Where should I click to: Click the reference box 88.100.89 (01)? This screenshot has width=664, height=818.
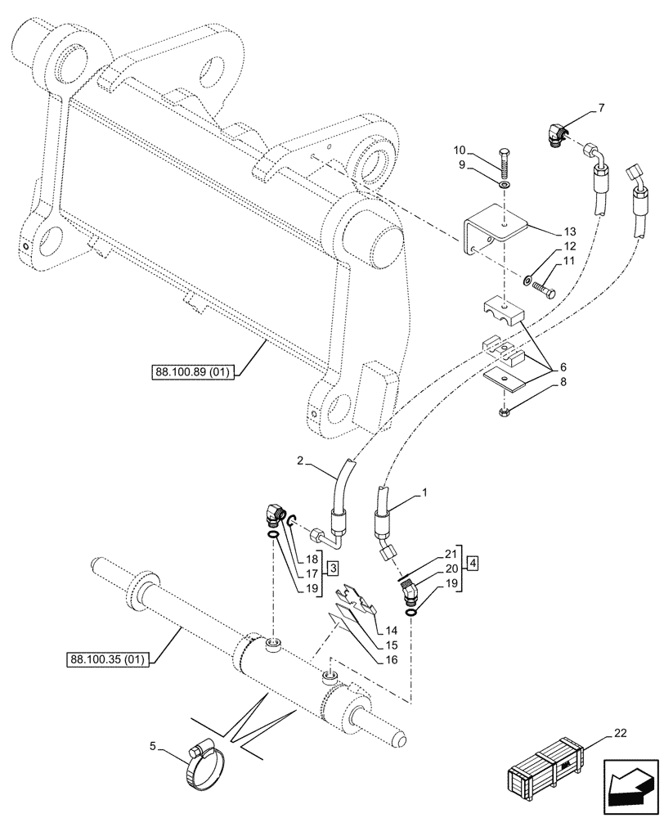click(x=193, y=373)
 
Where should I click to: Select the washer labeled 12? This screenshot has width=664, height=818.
click(x=528, y=283)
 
